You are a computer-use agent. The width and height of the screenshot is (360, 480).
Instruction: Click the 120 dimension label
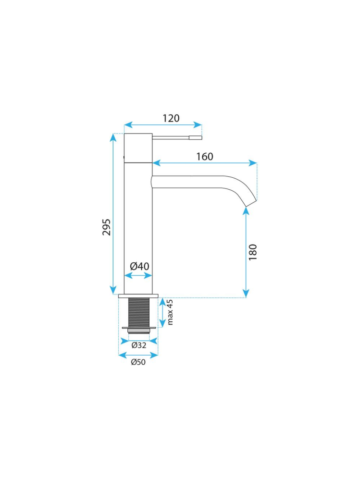tap(171, 118)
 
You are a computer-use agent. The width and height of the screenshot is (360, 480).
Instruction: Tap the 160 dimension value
tap(204, 157)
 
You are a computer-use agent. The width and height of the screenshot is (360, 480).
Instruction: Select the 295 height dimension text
tap(107, 227)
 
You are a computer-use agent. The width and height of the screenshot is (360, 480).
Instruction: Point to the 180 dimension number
tap(253, 252)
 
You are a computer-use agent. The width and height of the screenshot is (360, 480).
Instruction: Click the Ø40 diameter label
tap(139, 266)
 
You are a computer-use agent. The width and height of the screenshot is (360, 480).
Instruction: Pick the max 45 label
tap(170, 312)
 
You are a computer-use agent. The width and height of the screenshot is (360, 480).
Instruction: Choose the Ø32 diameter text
tap(139, 345)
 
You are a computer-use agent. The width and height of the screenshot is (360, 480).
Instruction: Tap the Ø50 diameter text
tap(138, 362)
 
